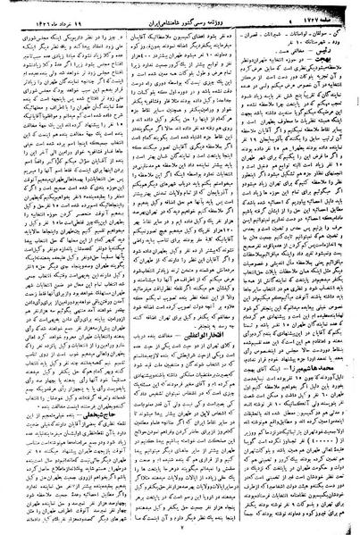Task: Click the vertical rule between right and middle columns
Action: [x=240, y=268]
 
